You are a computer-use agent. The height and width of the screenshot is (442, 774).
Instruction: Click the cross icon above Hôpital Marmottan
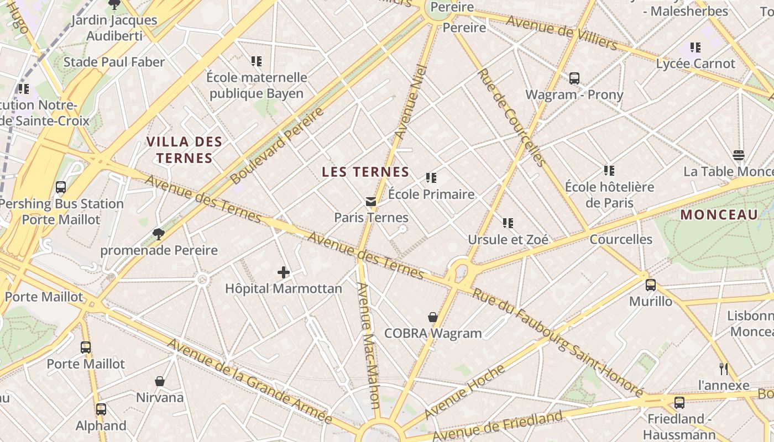(284, 272)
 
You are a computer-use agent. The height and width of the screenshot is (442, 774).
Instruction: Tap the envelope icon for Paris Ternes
(371, 202)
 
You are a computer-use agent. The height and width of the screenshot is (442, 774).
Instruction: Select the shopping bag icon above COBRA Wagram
(433, 317)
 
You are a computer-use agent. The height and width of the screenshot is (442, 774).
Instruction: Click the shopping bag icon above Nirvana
(160, 381)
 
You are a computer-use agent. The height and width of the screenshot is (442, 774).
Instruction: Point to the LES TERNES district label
(365, 172)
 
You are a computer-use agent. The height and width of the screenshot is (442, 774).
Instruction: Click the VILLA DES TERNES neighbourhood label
(184, 150)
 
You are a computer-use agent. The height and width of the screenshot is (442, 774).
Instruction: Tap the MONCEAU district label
(719, 215)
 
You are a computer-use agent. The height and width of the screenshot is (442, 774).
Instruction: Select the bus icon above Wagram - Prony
(574, 78)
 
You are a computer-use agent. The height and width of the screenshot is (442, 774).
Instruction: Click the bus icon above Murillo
(651, 285)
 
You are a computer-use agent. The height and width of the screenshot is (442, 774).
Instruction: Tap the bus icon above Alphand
(101, 409)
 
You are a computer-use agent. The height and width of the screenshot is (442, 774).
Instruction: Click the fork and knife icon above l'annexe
(724, 369)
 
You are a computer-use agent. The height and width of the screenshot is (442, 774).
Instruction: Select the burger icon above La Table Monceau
(739, 155)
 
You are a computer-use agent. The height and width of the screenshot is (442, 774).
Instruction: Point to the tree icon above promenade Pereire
(159, 234)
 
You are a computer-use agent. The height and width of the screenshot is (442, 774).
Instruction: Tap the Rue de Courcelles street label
(511, 117)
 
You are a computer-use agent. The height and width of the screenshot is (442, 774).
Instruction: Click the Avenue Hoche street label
(464, 391)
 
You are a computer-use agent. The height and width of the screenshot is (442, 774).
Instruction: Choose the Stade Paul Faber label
(114, 62)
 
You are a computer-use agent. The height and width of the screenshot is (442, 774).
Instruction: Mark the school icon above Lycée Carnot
(695, 48)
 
